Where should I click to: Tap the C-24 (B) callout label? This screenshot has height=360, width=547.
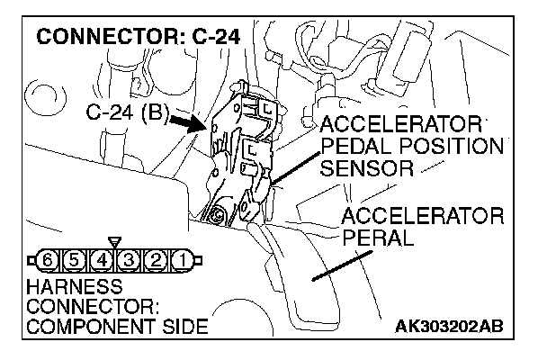coord(121,114)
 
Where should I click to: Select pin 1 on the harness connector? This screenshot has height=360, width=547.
coord(180,261)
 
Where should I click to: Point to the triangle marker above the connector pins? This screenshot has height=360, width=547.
coord(113,242)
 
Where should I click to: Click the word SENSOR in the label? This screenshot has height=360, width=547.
coord(366,167)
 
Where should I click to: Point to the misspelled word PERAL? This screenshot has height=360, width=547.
coord(378,238)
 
